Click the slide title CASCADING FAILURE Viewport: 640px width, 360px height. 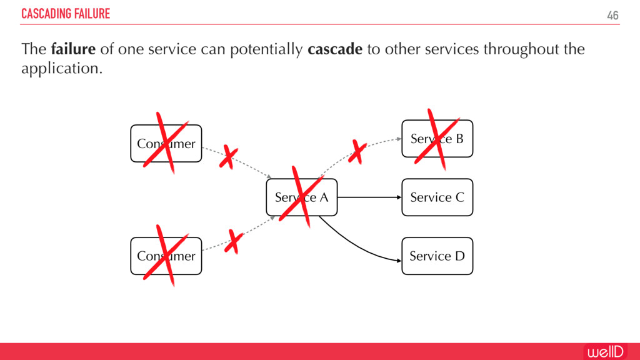66,14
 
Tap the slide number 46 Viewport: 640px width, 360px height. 612,15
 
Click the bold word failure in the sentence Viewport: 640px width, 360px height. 74,49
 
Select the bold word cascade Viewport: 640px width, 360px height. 335,49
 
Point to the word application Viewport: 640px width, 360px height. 61,68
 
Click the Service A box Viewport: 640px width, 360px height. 302,197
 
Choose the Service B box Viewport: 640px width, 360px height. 437,139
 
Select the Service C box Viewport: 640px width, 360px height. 437,197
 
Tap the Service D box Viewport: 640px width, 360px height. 437,256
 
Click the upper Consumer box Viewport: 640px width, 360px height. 166,144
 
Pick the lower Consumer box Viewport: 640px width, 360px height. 166,256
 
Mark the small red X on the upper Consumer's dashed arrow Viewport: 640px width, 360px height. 228,157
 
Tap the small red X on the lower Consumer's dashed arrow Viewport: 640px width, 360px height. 234,242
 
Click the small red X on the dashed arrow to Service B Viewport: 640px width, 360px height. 357,152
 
